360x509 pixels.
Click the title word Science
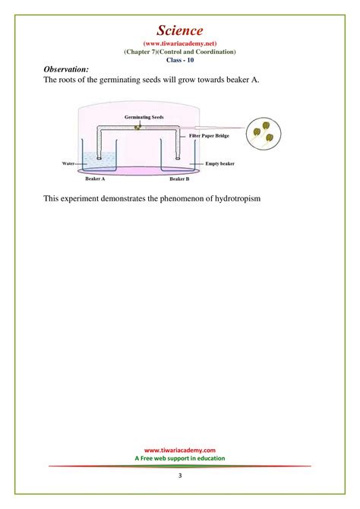180,30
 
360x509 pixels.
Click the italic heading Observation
67,69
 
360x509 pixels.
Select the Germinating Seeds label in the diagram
144,119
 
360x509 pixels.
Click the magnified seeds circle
262,134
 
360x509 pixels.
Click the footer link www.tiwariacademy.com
180,450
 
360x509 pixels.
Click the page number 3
180,476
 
